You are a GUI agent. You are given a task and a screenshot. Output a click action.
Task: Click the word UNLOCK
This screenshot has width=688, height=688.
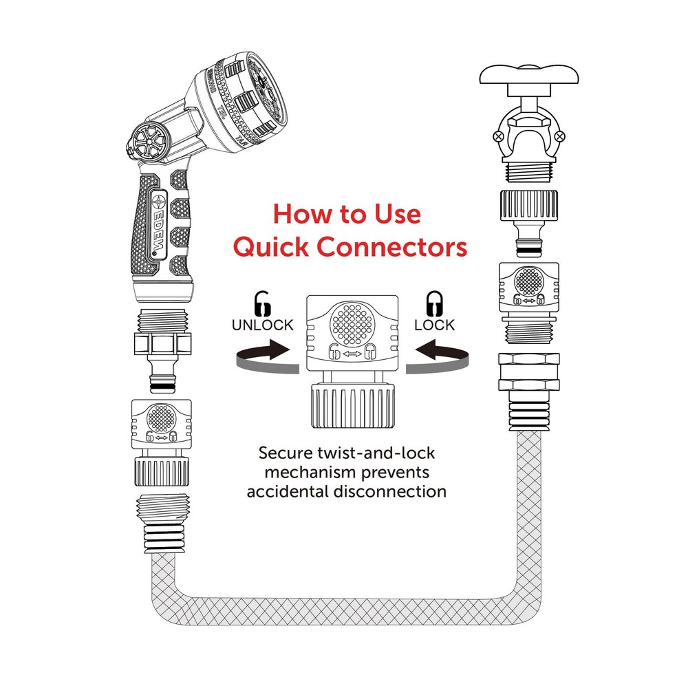click(262, 325)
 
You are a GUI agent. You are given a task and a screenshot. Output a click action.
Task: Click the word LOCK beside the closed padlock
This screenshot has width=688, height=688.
click(435, 325)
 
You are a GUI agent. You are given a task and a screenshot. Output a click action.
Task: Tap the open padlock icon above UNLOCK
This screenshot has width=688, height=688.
click(263, 303)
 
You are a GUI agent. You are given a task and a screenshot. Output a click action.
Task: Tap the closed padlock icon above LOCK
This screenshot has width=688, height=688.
click(435, 303)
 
